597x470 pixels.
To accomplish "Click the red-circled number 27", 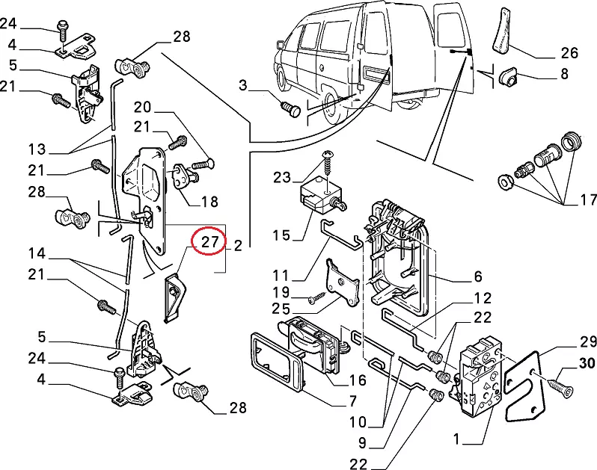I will [209, 241].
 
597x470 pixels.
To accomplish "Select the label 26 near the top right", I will [569, 53].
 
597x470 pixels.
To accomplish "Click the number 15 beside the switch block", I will [280, 236].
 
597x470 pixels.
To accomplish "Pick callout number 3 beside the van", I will [242, 85].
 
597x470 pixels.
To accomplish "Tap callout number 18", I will [209, 202].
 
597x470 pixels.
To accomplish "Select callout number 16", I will [357, 380].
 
